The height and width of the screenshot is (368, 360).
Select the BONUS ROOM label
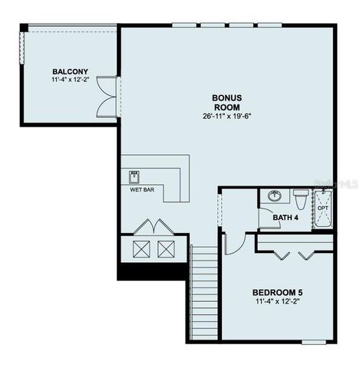[x=226, y=102]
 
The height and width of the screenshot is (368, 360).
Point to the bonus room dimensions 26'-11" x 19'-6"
[x=226, y=117]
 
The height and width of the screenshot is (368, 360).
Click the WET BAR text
[x=143, y=189]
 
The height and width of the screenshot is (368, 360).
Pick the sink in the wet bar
[x=134, y=177]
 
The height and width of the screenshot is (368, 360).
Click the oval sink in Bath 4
[x=274, y=196]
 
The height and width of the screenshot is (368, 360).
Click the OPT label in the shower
[x=323, y=208]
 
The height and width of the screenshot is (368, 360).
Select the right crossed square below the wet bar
[x=167, y=248]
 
